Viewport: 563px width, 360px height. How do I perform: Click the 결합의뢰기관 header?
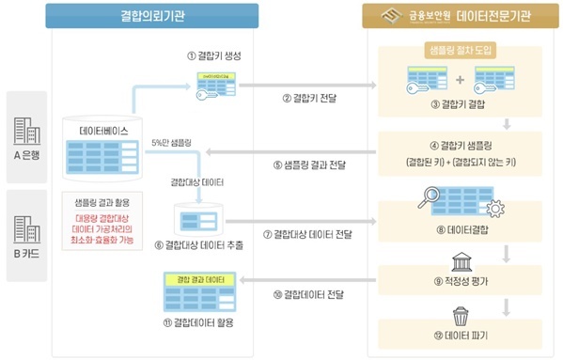[151, 15]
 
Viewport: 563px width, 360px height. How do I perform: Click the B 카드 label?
[24, 255]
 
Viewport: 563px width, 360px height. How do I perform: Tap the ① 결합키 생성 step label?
[214, 56]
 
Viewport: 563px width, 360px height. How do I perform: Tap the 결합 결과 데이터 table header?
[199, 280]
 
